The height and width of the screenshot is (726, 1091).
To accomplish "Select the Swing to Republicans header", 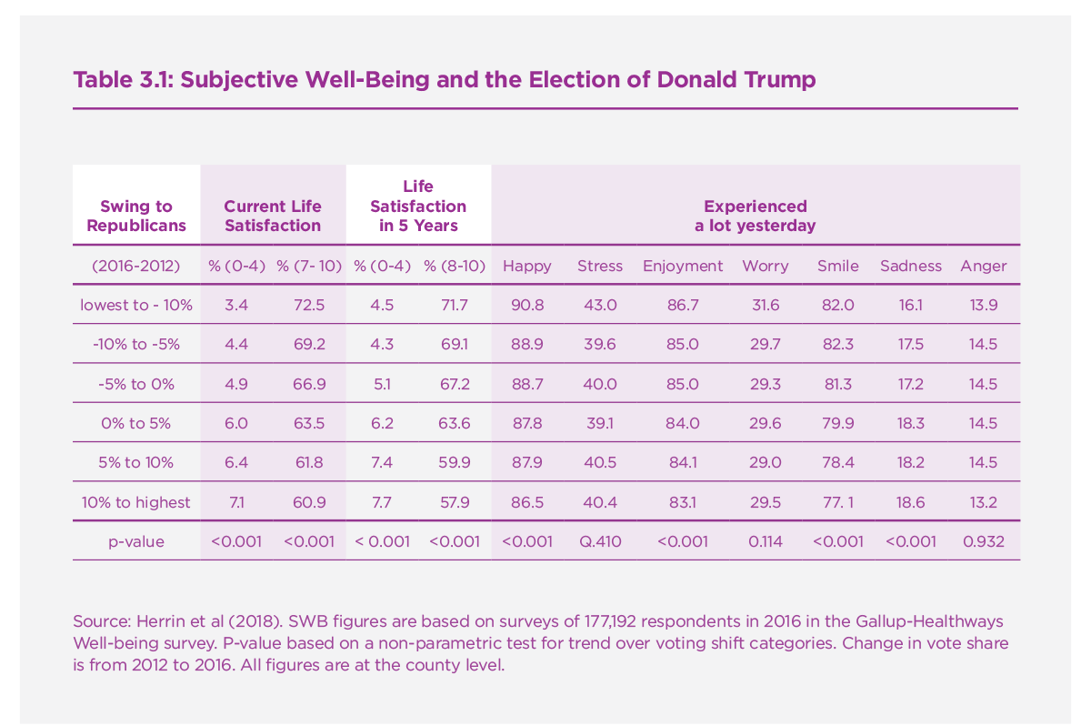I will pyautogui.click(x=135, y=216).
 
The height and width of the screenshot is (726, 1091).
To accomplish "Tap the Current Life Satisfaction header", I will pyautogui.click(x=273, y=216).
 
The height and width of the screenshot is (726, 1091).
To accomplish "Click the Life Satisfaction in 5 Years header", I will pyautogui.click(x=418, y=206).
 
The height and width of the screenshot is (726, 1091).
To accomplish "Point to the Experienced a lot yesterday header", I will pyautogui.click(x=755, y=216).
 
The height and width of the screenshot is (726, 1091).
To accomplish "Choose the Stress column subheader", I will pyautogui.click(x=600, y=266).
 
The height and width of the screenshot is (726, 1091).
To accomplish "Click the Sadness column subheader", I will pyautogui.click(x=911, y=266).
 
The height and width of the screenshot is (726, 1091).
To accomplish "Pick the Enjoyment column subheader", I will pyautogui.click(x=683, y=266).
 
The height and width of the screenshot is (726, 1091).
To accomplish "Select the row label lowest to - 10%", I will pyautogui.click(x=136, y=305).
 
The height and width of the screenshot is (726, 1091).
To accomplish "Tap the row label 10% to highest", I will pyautogui.click(x=136, y=502).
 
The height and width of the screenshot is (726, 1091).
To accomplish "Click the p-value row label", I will pyautogui.click(x=136, y=541).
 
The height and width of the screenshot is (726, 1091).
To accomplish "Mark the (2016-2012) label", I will pyautogui.click(x=136, y=266).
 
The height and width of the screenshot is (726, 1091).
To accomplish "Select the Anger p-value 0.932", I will pyautogui.click(x=983, y=541).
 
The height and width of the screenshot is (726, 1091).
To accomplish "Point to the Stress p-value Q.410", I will pyautogui.click(x=600, y=541).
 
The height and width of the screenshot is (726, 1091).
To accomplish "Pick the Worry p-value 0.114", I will pyautogui.click(x=766, y=541).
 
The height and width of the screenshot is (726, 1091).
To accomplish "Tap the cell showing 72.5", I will pyautogui.click(x=309, y=305).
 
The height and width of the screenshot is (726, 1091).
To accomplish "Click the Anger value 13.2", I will pyautogui.click(x=983, y=502).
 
